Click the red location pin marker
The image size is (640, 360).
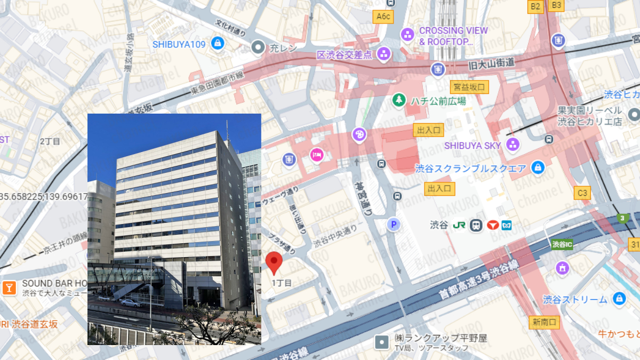pyautogui.click(x=274, y=262)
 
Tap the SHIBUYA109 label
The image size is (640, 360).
pyautogui.click(x=179, y=44)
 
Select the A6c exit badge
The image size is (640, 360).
pyautogui.click(x=383, y=17)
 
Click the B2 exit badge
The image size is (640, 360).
pyautogui.click(x=535, y=6)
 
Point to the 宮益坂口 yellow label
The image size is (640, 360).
pyautogui.click(x=469, y=86)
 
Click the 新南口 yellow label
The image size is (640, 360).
pyautogui.click(x=544, y=322)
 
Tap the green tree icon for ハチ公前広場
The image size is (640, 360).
pyautogui.click(x=398, y=100)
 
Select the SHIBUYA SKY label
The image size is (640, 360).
pyautogui.click(x=473, y=146)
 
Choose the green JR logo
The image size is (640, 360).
pyautogui.click(x=459, y=225)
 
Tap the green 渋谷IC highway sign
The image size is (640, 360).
pyautogui.click(x=562, y=244)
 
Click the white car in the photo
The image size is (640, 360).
pyautogui.click(x=130, y=302)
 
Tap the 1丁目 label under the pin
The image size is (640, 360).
pyautogui.click(x=282, y=283)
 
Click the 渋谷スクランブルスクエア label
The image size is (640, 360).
pyautogui.click(x=470, y=169)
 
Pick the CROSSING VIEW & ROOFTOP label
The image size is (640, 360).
pyautogui.click(x=446, y=36)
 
